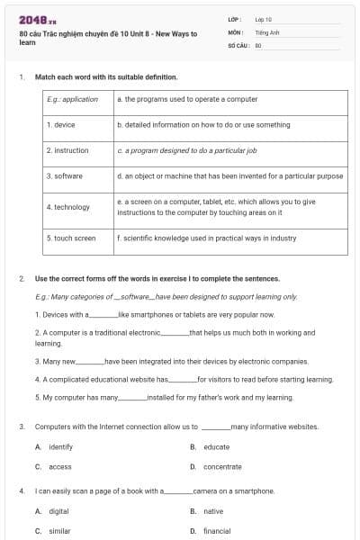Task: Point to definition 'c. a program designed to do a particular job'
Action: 187,150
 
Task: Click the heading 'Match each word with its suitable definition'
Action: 99,77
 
